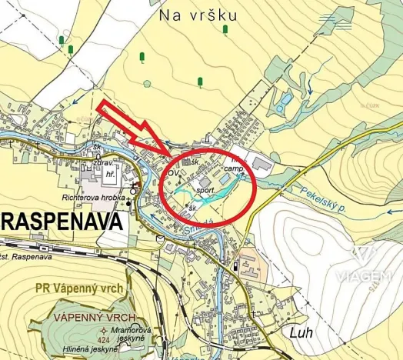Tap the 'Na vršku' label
point(198,15)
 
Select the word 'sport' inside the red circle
point(205,188)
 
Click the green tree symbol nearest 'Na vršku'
point(225,30)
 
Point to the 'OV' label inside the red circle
point(174,172)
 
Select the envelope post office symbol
point(158,238)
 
